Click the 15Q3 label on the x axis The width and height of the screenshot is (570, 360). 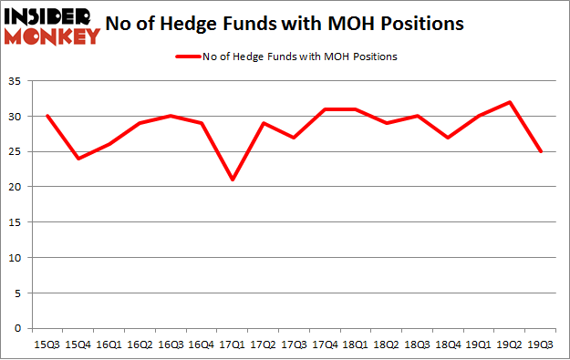[47, 345]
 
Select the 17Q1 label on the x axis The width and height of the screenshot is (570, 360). [233, 345]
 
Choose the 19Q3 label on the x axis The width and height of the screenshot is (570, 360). [543, 345]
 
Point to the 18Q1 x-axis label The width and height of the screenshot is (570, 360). [357, 345]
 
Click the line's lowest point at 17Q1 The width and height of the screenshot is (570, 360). [233, 180]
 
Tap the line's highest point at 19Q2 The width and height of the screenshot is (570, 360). [512, 103]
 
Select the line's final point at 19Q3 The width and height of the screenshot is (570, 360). [543, 152]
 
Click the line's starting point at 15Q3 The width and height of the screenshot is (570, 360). [47, 117]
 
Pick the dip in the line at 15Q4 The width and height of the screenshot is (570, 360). [78, 159]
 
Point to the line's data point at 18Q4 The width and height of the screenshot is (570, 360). [450, 138]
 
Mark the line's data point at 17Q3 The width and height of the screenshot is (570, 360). [295, 138]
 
